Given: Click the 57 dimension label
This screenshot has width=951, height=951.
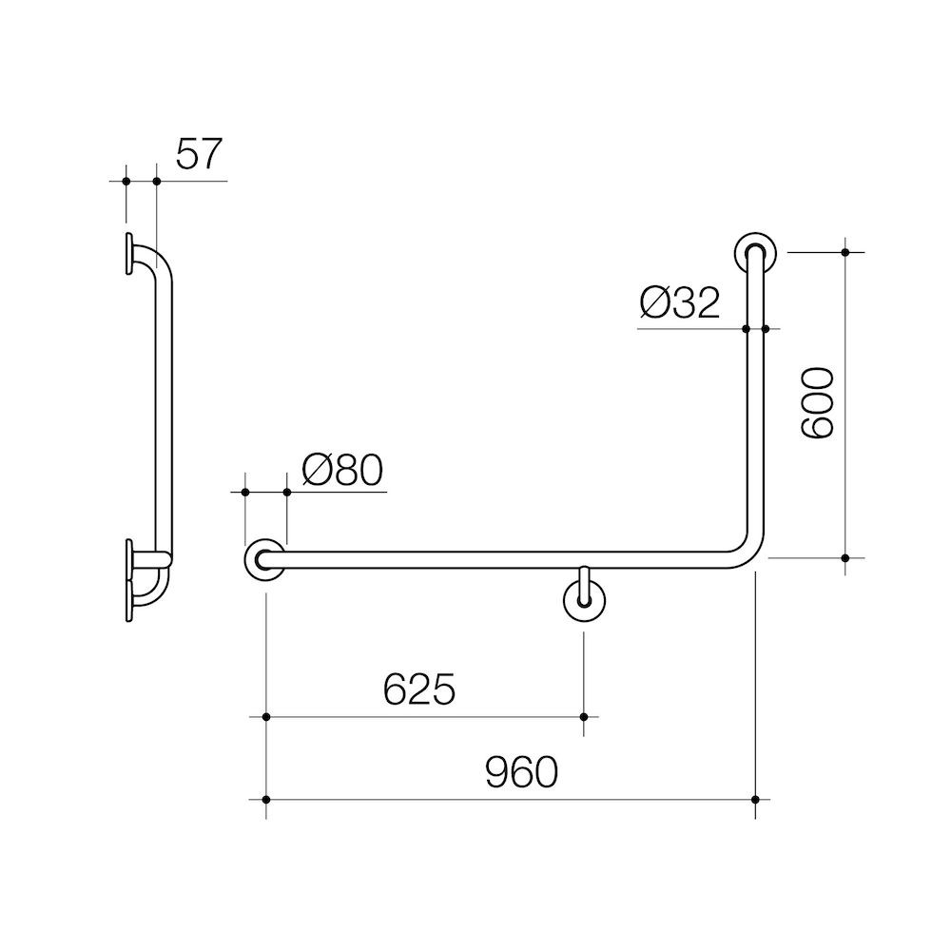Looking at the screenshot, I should coord(199,154).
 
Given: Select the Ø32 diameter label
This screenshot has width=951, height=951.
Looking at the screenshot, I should coord(680,304).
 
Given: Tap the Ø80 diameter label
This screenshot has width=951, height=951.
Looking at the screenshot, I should coord(342,469).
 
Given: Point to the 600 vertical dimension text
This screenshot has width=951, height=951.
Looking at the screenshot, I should coord(817,403).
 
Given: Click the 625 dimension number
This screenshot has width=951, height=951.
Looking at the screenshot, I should coord(419,690).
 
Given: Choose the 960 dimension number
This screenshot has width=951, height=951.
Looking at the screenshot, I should coord(520,772).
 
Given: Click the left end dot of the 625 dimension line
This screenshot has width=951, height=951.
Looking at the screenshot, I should coord(266,717).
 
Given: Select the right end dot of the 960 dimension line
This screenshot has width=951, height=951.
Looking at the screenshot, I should coord(755,800).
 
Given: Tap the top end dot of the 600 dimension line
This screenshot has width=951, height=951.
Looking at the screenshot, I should coord(845,252).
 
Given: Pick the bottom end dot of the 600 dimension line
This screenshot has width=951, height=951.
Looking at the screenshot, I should coord(845,558).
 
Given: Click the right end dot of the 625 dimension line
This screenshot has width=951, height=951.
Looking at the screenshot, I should coord(585,717).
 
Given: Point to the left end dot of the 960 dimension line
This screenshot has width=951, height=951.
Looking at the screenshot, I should coord(266,800).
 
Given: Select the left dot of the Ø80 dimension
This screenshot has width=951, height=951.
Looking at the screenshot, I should coord(245,492).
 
